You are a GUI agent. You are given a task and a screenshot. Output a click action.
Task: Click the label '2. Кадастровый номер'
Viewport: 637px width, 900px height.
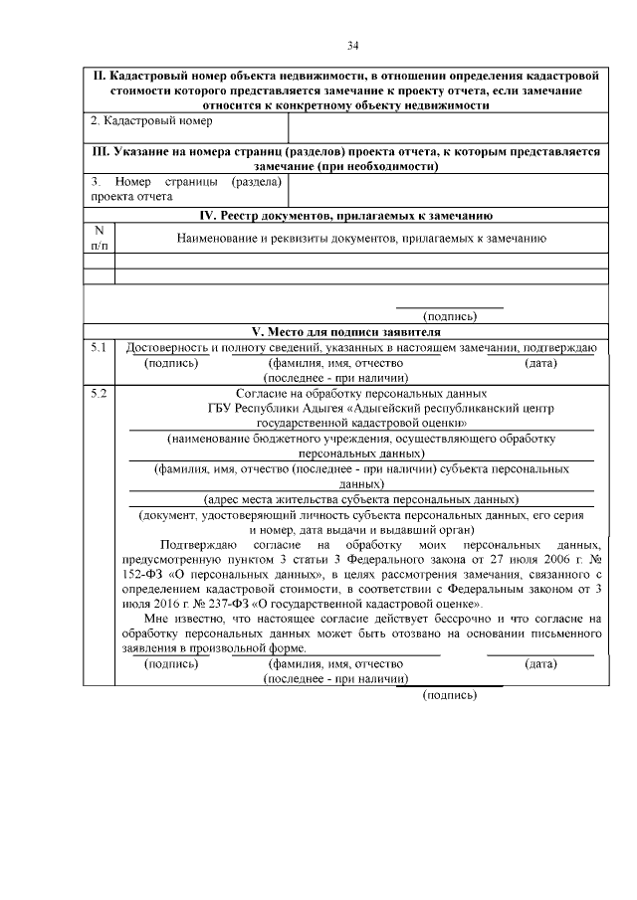click(x=152, y=120)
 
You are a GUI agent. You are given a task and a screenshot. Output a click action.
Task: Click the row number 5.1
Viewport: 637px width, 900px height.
click(x=98, y=347)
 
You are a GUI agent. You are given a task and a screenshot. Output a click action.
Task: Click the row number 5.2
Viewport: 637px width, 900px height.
click(x=98, y=394)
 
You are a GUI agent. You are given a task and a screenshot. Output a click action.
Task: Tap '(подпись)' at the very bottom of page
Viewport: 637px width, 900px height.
click(x=450, y=694)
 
